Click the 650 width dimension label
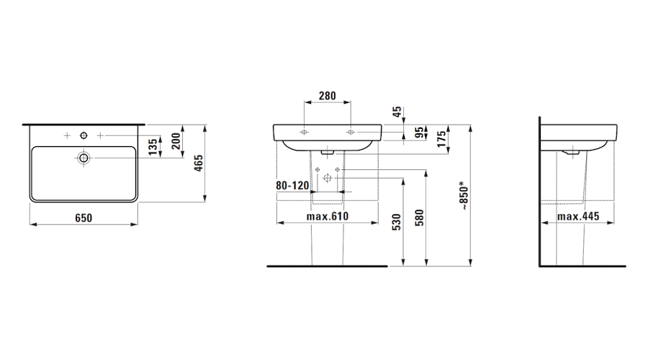point(84,218)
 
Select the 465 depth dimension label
point(199,163)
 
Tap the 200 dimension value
point(176,141)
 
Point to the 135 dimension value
point(153,147)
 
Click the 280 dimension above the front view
point(328,96)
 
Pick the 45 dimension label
point(397,112)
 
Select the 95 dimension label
point(420,132)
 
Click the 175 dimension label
point(442,139)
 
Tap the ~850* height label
point(464,196)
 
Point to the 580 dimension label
point(419,219)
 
